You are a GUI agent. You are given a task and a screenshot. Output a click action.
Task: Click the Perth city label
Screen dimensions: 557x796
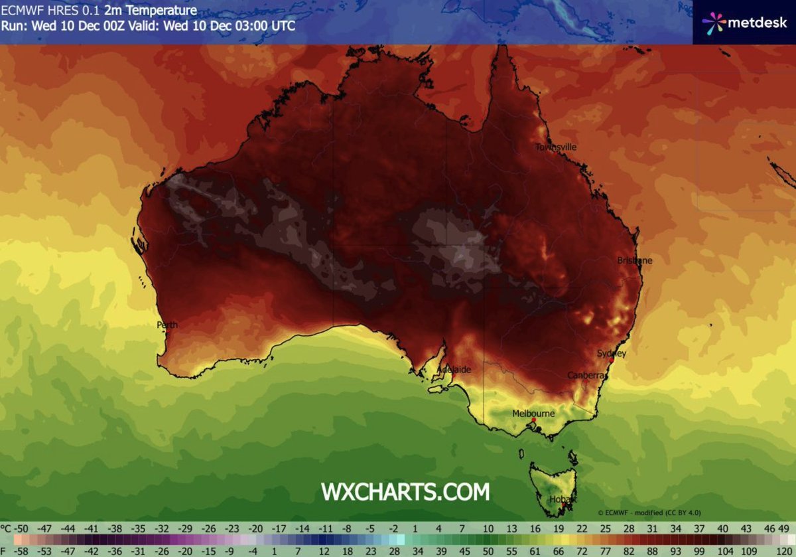167,325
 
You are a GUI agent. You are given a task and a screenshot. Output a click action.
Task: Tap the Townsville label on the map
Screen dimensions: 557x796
556,147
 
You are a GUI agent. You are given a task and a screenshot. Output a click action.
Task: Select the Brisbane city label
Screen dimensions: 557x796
635,261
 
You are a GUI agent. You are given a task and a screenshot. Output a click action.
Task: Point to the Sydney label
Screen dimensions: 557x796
611,354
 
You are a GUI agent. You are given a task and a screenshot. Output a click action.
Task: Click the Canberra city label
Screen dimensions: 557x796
587,376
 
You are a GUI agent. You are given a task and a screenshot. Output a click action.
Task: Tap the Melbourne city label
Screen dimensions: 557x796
533,414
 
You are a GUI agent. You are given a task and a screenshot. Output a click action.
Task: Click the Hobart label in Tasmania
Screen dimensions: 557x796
563,499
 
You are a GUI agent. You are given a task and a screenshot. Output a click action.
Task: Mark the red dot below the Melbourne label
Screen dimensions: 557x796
533,420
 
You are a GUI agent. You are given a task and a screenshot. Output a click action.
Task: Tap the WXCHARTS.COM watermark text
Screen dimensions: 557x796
405,492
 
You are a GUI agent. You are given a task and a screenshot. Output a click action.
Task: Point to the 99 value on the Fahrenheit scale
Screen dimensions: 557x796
703,551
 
